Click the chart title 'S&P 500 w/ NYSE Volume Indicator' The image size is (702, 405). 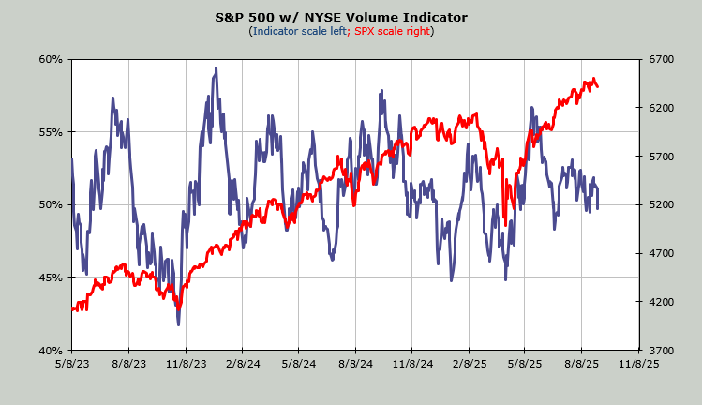tap(341, 17)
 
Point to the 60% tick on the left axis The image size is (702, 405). tap(51, 59)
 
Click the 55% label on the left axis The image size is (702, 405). tap(51, 132)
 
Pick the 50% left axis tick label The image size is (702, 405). tap(51, 204)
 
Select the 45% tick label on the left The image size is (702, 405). tap(51, 277)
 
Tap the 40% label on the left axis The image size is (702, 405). tap(51, 351)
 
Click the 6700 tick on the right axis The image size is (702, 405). tap(661, 59)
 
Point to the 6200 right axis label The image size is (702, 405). tap(661, 108)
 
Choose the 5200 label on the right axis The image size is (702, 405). tap(661, 204)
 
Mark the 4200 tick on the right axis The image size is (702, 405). tap(661, 302)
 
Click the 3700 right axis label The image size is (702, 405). tap(661, 351)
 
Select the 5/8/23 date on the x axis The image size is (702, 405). tap(71, 363)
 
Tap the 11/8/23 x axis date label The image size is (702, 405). tap(185, 363)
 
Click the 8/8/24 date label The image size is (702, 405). tap(355, 363)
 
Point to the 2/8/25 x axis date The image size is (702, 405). tap(469, 363)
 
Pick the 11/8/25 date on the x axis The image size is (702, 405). tap(639, 363)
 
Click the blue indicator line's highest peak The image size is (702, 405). tap(217, 67)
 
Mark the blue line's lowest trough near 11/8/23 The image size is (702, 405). tap(178, 324)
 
